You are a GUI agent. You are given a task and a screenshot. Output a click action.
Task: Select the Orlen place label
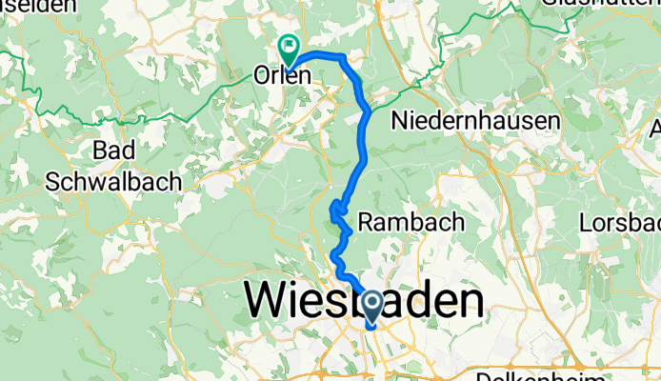click(283, 75)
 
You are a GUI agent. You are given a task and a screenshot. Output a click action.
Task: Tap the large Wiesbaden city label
click(363, 302)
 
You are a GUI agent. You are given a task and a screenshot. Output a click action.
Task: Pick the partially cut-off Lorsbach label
click(619, 223)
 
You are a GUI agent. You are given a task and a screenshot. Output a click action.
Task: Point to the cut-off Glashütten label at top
click(591, 4)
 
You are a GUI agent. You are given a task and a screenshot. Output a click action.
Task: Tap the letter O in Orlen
click(262, 75)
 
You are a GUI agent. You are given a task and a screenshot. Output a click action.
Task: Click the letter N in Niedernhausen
click(399, 121)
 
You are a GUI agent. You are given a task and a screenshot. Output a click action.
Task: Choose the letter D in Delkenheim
click(481, 375)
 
